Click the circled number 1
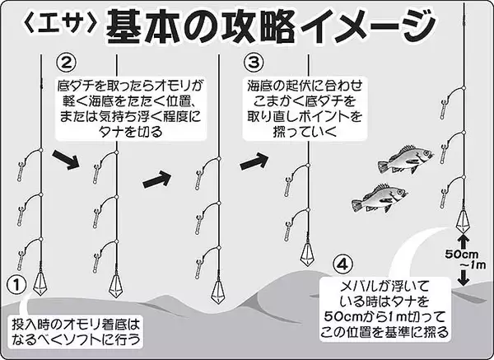coord(16,285)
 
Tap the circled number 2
coord(66,63)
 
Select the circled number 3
coord(254,63)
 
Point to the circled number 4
coord(343,264)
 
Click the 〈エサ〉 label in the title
coord(60,23)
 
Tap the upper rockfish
coord(406,159)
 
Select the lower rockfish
coord(380,198)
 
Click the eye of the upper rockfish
coord(426,153)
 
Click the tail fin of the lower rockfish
coord(357,205)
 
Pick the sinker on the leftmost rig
coord(40,283)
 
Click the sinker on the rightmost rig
coord(463,222)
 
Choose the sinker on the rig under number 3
coord(307,255)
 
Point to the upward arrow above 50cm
coord(463,241)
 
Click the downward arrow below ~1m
coord(463,278)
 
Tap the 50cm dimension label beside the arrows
coord(462,255)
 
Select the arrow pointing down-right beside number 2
coord(66,160)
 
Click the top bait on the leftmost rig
coord(20,171)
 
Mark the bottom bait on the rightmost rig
coord(443,199)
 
